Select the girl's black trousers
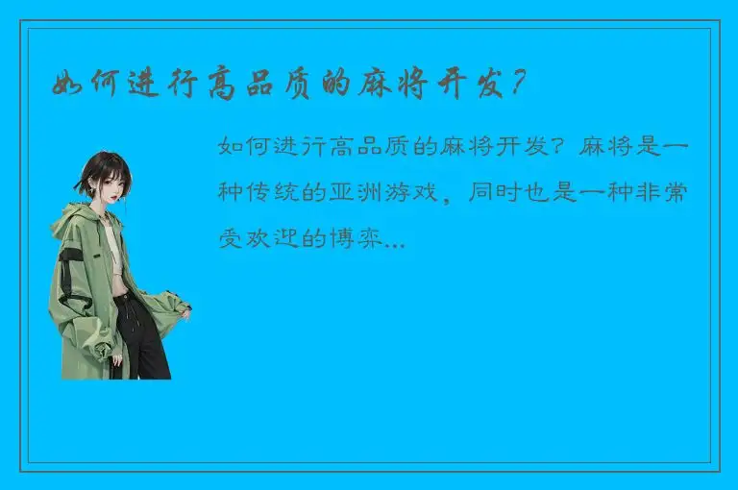tap(142, 336)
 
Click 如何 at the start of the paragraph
tap(240, 149)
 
